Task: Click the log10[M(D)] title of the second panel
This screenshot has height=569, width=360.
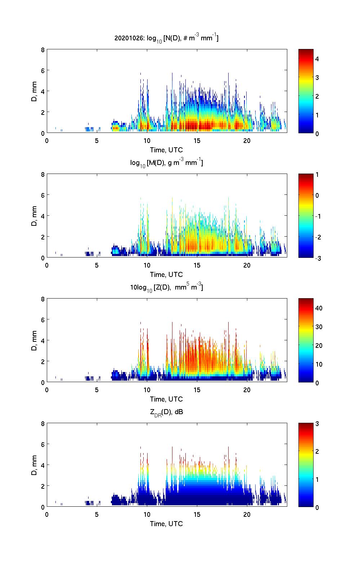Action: (x=166, y=163)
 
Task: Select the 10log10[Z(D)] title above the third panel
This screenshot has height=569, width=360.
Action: (x=166, y=287)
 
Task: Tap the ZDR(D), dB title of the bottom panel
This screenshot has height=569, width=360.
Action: (x=166, y=412)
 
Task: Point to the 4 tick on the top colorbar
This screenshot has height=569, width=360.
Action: (x=317, y=58)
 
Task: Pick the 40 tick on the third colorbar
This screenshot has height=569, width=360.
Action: (x=319, y=308)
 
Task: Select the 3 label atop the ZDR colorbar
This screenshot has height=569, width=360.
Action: (x=317, y=424)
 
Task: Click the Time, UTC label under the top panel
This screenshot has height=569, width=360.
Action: (x=166, y=150)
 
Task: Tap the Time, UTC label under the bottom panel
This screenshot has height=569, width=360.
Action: (x=166, y=524)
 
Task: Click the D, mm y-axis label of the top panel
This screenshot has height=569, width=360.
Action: (x=34, y=91)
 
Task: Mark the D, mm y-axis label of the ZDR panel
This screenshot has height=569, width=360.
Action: (x=34, y=465)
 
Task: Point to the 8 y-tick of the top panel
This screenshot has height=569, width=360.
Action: (x=43, y=50)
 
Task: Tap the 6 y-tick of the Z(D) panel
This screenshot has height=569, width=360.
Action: (x=43, y=319)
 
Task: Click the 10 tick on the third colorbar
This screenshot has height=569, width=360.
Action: (x=319, y=364)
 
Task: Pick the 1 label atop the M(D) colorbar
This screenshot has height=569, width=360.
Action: (x=317, y=175)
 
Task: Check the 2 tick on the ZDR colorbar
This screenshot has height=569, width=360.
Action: (x=317, y=452)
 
